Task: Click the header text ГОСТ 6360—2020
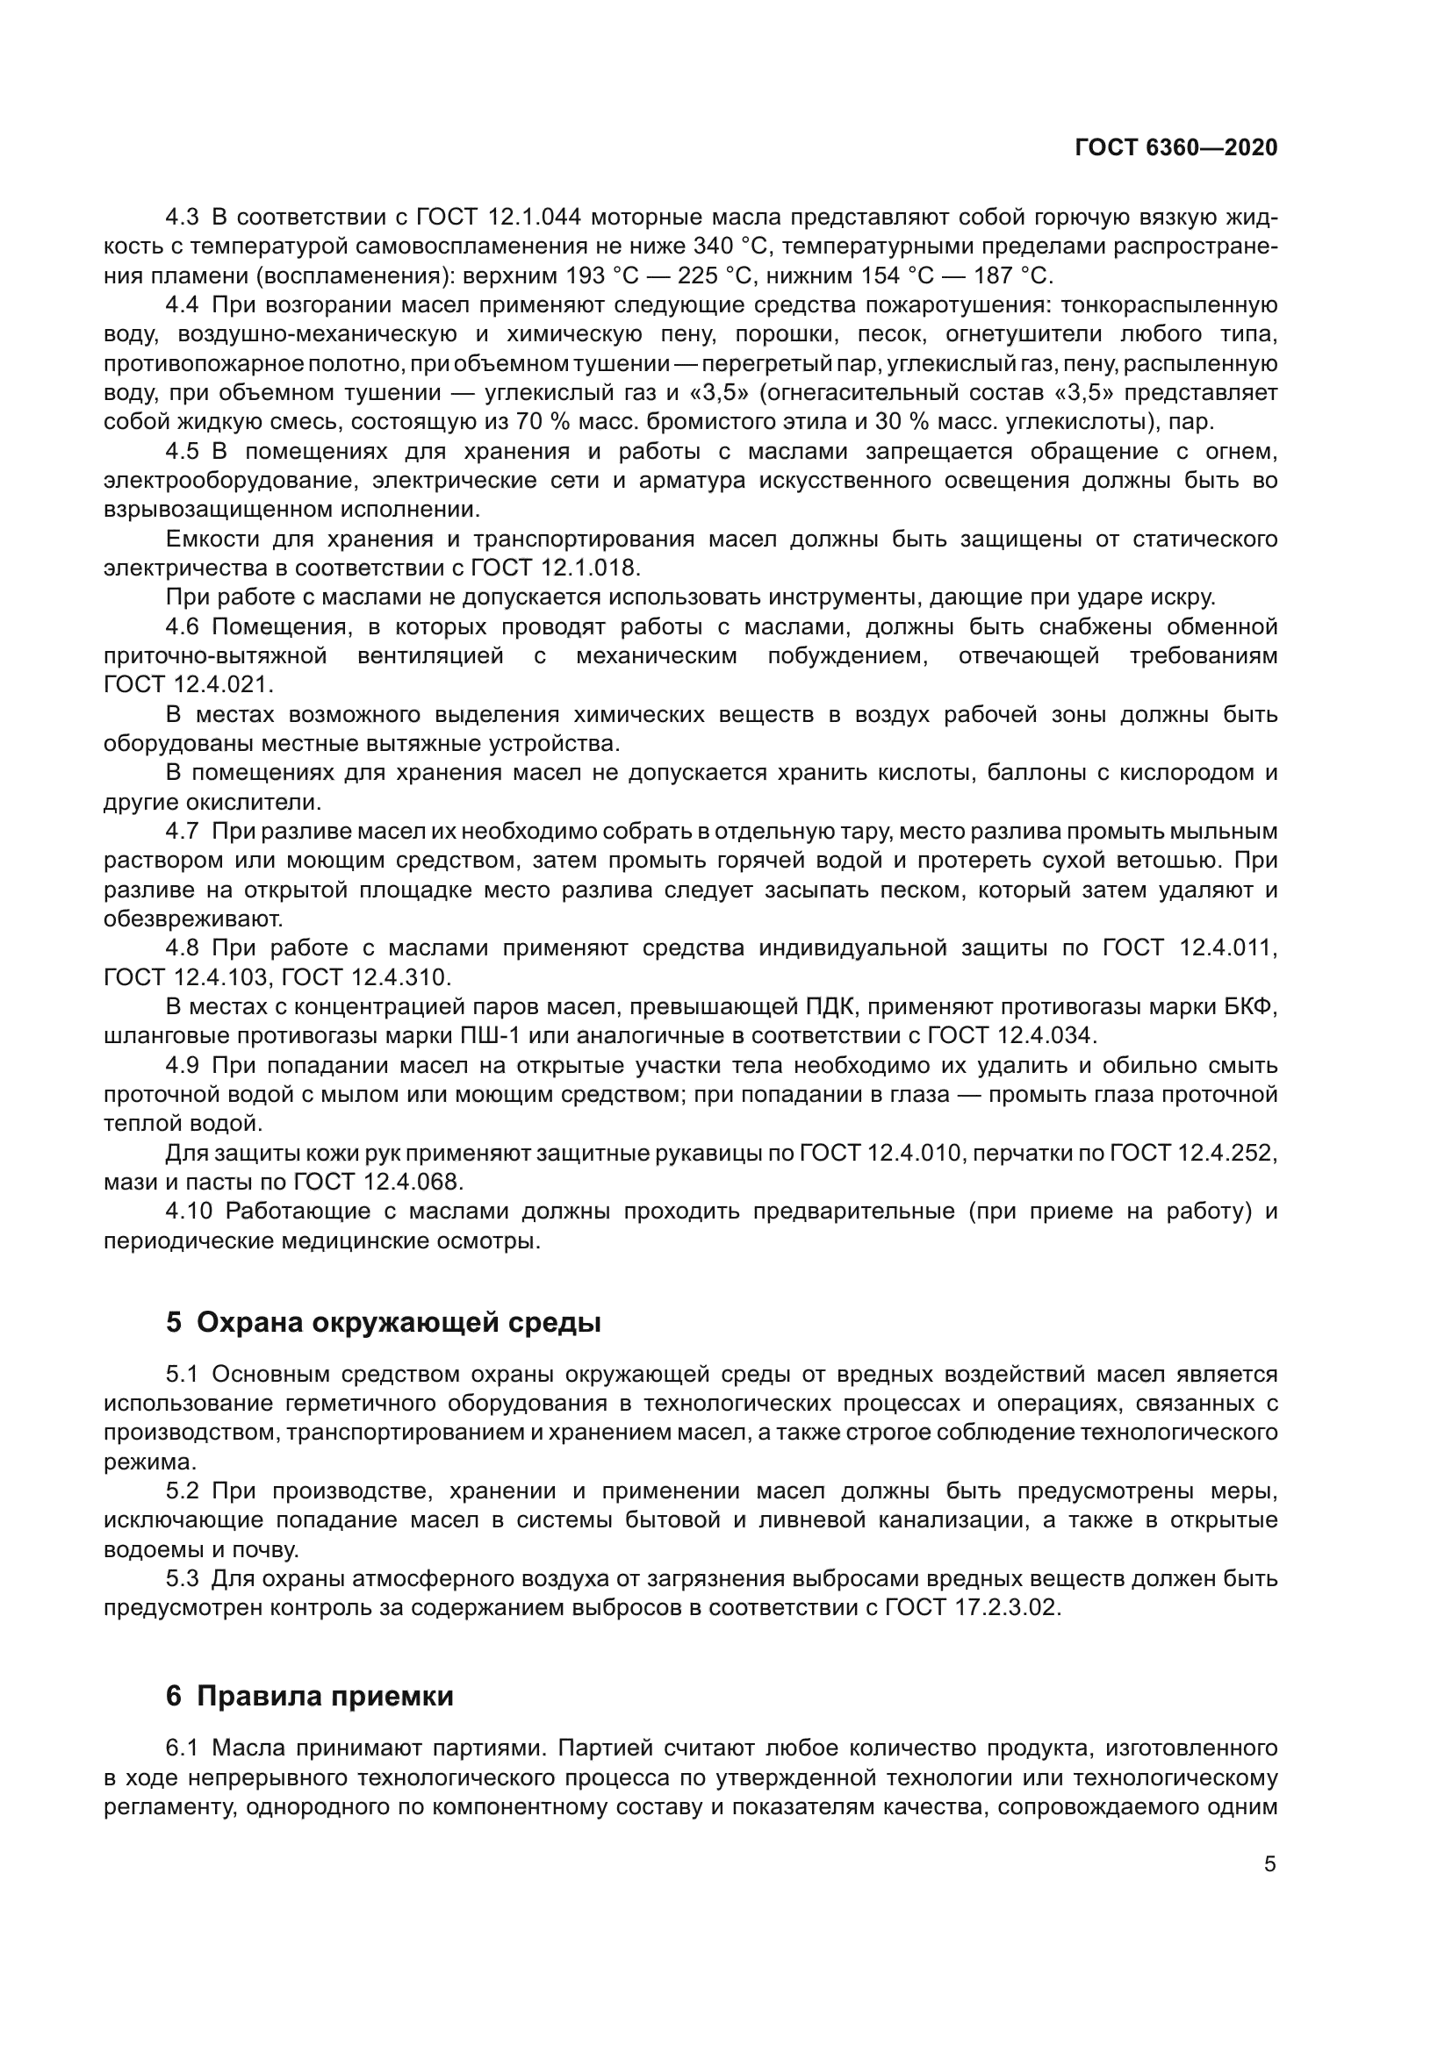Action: (x=1175, y=147)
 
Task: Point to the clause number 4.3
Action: (x=183, y=218)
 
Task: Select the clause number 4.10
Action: (x=189, y=1211)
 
